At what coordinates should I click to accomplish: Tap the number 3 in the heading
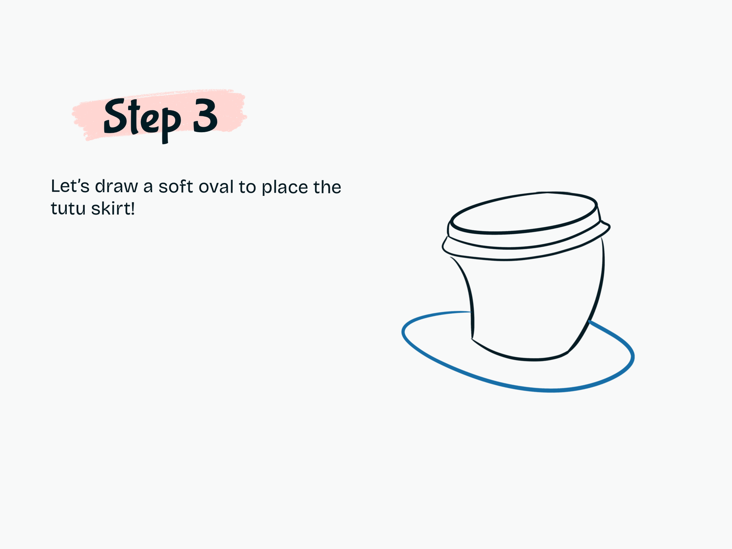pyautogui.click(x=205, y=115)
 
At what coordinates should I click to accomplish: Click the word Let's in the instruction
pyautogui.click(x=70, y=186)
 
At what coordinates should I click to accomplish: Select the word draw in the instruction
pyautogui.click(x=116, y=186)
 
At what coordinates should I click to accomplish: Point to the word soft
pyautogui.click(x=175, y=186)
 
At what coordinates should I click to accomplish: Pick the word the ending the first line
pyautogui.click(x=327, y=186)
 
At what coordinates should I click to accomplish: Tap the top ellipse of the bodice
pyautogui.click(x=523, y=231)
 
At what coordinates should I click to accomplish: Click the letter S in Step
pyautogui.click(x=115, y=116)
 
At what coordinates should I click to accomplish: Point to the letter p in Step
pyautogui.click(x=171, y=125)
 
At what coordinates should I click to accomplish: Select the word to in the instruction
pyautogui.click(x=247, y=187)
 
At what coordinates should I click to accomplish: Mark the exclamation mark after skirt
pyautogui.click(x=133, y=208)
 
